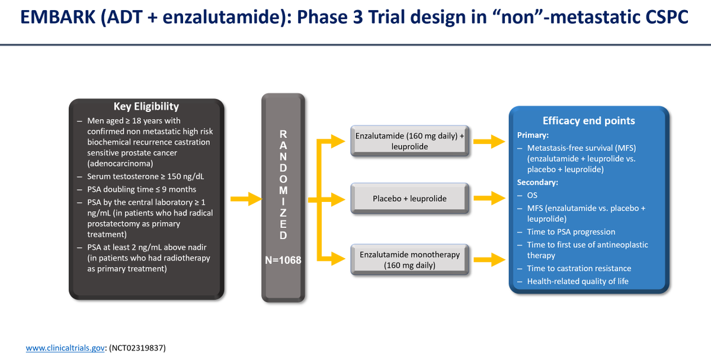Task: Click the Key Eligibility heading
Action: pyautogui.click(x=146, y=107)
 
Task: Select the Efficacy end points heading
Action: pyautogui.click(x=588, y=120)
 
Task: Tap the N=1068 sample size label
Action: pyautogui.click(x=283, y=259)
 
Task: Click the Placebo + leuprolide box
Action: pyautogui.click(x=409, y=198)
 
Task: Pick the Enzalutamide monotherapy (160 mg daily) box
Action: pyautogui.click(x=409, y=259)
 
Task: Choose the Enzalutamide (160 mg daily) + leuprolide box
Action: pyautogui.click(x=409, y=141)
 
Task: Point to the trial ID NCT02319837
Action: pyautogui.click(x=140, y=348)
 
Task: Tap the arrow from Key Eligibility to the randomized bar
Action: pyautogui.click(x=244, y=198)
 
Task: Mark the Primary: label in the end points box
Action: pyautogui.click(x=533, y=134)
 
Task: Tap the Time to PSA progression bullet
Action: pyautogui.click(x=571, y=232)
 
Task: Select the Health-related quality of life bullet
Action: pyautogui.click(x=577, y=281)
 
